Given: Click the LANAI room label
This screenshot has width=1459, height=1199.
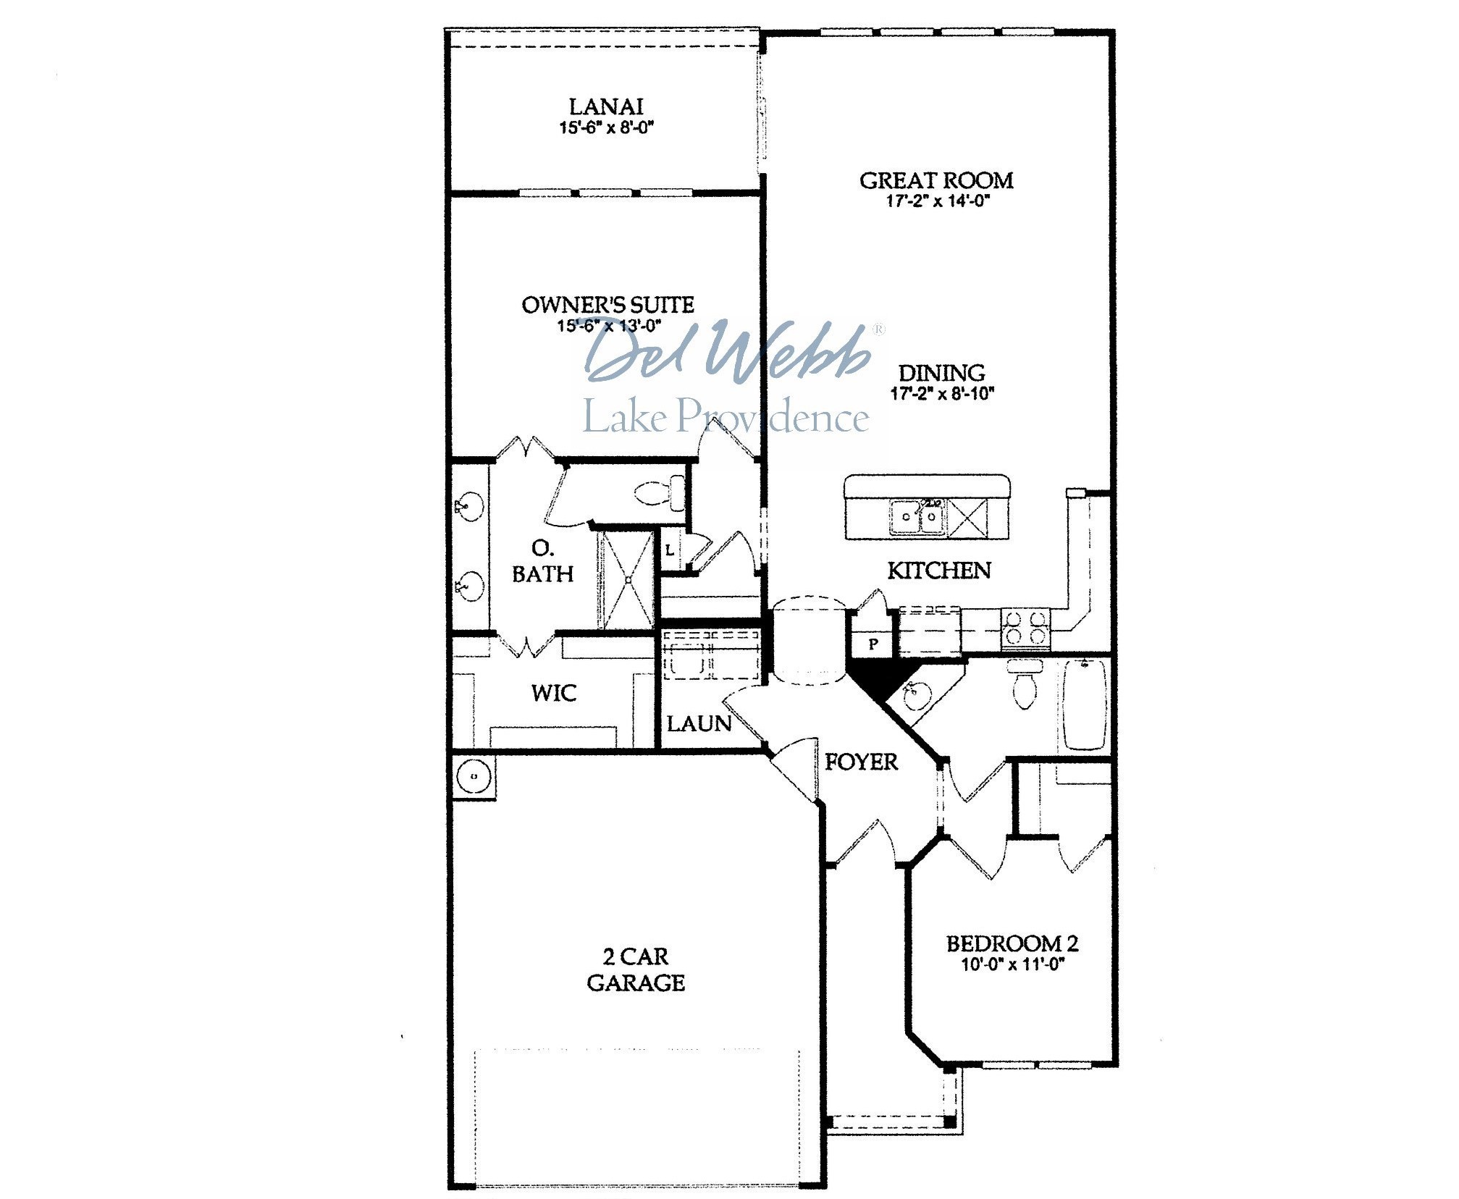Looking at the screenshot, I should point(606,106).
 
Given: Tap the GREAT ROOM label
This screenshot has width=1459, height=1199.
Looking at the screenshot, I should point(936,180).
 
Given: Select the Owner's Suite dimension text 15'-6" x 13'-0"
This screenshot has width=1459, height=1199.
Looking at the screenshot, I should point(609,326).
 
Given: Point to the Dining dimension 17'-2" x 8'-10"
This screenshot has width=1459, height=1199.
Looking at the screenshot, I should point(942,394).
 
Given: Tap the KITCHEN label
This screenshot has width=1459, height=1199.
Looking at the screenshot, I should point(939,571).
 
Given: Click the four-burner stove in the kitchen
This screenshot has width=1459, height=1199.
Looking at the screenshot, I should point(1025,627).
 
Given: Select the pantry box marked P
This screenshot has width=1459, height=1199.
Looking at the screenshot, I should point(873,643).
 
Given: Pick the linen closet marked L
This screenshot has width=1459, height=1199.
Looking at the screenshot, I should point(670,550).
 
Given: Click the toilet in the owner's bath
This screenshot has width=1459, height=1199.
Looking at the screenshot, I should point(660,494).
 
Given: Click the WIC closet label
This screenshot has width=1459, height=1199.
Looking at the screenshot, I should point(554,693).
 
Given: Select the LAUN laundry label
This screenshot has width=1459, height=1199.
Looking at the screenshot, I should point(699,723).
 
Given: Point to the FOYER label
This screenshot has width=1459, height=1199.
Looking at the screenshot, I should point(861,762).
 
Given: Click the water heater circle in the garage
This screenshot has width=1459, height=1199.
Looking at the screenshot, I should point(474,776).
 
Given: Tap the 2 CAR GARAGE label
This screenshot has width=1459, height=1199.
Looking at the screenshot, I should point(636,969).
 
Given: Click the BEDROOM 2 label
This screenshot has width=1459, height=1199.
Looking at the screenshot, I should point(1012,943).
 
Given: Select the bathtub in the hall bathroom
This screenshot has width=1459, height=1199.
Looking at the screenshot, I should point(1084,704).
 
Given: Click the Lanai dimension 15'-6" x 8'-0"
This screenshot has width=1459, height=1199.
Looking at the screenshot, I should point(606,128).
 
